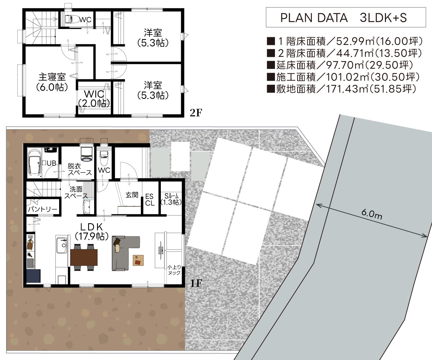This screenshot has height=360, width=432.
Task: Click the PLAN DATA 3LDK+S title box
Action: point(346,17)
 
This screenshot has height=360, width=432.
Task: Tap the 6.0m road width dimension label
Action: point(372,214)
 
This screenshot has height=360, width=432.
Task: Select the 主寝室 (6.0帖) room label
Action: point(52,82)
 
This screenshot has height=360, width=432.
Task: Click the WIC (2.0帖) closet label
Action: point(94,98)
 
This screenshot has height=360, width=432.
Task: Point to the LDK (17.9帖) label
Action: point(92,231)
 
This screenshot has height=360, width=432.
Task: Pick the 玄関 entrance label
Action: point(132,195)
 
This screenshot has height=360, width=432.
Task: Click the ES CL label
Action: point(150,200)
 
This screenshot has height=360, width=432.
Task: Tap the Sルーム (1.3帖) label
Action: point(171,199)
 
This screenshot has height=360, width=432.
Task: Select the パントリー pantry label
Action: point(43,209)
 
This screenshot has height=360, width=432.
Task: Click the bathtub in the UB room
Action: point(34,163)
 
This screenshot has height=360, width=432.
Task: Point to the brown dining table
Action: point(84,257)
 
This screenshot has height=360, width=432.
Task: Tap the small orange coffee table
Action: point(138,260)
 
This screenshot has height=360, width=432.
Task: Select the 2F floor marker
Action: point(196,113)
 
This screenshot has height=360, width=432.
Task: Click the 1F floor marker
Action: point(196,283)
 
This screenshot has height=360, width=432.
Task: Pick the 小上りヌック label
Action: point(174,270)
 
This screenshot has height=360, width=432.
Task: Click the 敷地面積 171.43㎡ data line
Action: point(342,89)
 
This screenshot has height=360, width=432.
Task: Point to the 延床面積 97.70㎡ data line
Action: point(340,65)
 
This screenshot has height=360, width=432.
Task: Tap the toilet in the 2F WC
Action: point(70,19)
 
